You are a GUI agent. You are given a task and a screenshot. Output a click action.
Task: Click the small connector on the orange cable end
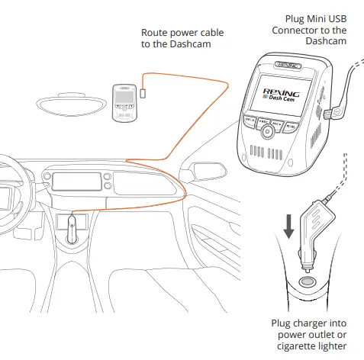point(143,94)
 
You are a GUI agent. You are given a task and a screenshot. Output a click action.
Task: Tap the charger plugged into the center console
point(72,227)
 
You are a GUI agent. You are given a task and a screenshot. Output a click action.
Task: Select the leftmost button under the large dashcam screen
point(250,121)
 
